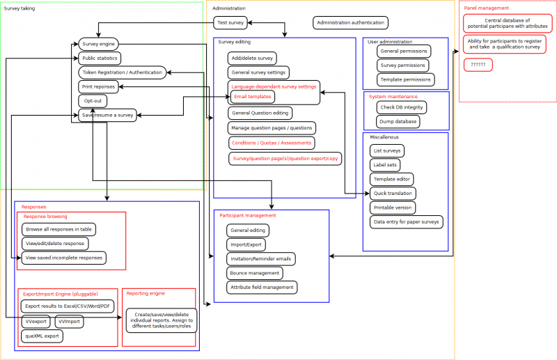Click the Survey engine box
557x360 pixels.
tap(97, 45)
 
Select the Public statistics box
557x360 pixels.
tap(99, 58)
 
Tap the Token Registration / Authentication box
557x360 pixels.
tap(122, 72)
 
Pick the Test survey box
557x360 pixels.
tap(230, 23)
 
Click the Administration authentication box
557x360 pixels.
tap(350, 23)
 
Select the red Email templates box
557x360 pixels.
tap(253, 97)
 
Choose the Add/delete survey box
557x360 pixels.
tap(253, 58)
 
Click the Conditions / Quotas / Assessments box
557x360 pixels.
tap(272, 143)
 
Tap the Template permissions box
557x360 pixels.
tap(405, 79)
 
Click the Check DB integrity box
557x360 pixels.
tap(401, 107)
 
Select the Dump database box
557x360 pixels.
tap(398, 121)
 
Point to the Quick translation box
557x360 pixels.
tap(393, 193)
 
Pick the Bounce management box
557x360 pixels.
tap(255, 273)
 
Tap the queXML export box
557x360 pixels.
tap(42, 336)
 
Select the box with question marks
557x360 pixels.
tap(478, 65)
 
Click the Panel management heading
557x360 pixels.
tap(487, 8)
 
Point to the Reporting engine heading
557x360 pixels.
tap(146, 294)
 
